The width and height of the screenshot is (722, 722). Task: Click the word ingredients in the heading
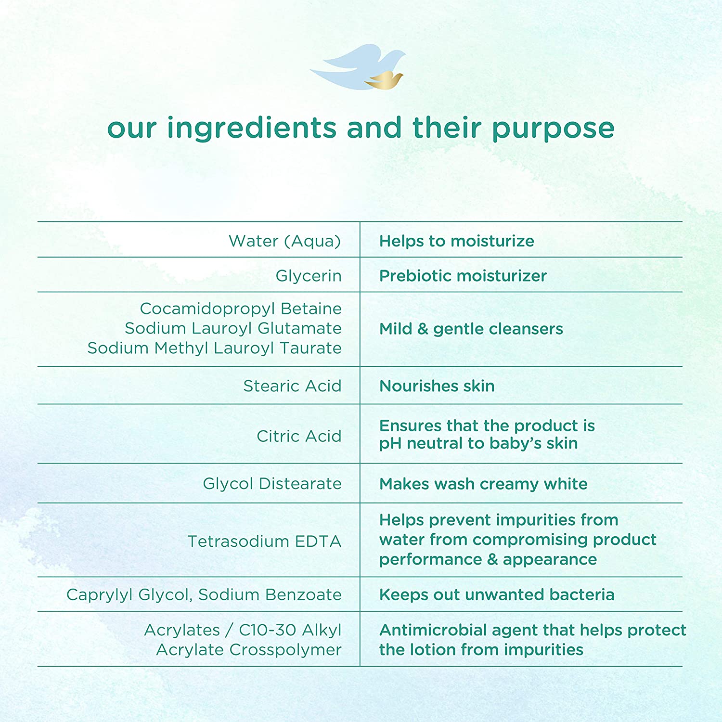click(x=252, y=129)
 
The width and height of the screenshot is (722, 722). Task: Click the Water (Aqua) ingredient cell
click(x=284, y=241)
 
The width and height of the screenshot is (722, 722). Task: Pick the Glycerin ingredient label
click(x=309, y=276)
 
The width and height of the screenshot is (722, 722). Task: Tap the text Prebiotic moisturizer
click(x=463, y=276)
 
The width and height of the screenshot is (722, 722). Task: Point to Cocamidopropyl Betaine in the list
click(x=241, y=308)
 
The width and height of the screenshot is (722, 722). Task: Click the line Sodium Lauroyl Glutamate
click(x=233, y=328)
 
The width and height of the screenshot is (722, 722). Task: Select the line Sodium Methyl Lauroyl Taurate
click(x=214, y=348)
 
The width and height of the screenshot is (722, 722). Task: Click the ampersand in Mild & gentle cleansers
click(x=423, y=329)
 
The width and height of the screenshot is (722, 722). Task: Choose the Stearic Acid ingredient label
click(x=292, y=386)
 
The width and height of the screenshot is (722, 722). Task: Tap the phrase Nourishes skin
click(x=437, y=386)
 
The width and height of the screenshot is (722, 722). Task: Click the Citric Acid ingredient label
click(x=299, y=436)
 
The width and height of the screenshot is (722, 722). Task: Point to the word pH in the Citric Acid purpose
click(x=390, y=444)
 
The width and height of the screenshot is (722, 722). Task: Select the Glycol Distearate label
click(x=272, y=484)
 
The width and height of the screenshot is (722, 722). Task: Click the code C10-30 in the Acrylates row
click(x=266, y=630)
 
